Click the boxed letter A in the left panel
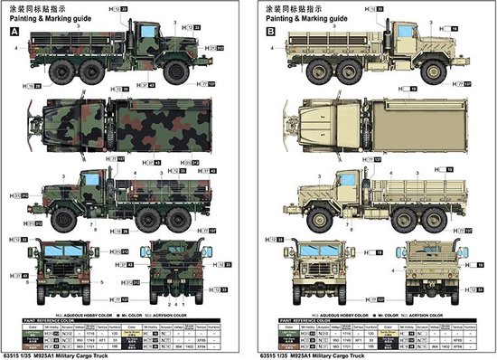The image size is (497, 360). click(x=14, y=30)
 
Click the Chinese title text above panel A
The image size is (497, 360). click(x=41, y=6)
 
